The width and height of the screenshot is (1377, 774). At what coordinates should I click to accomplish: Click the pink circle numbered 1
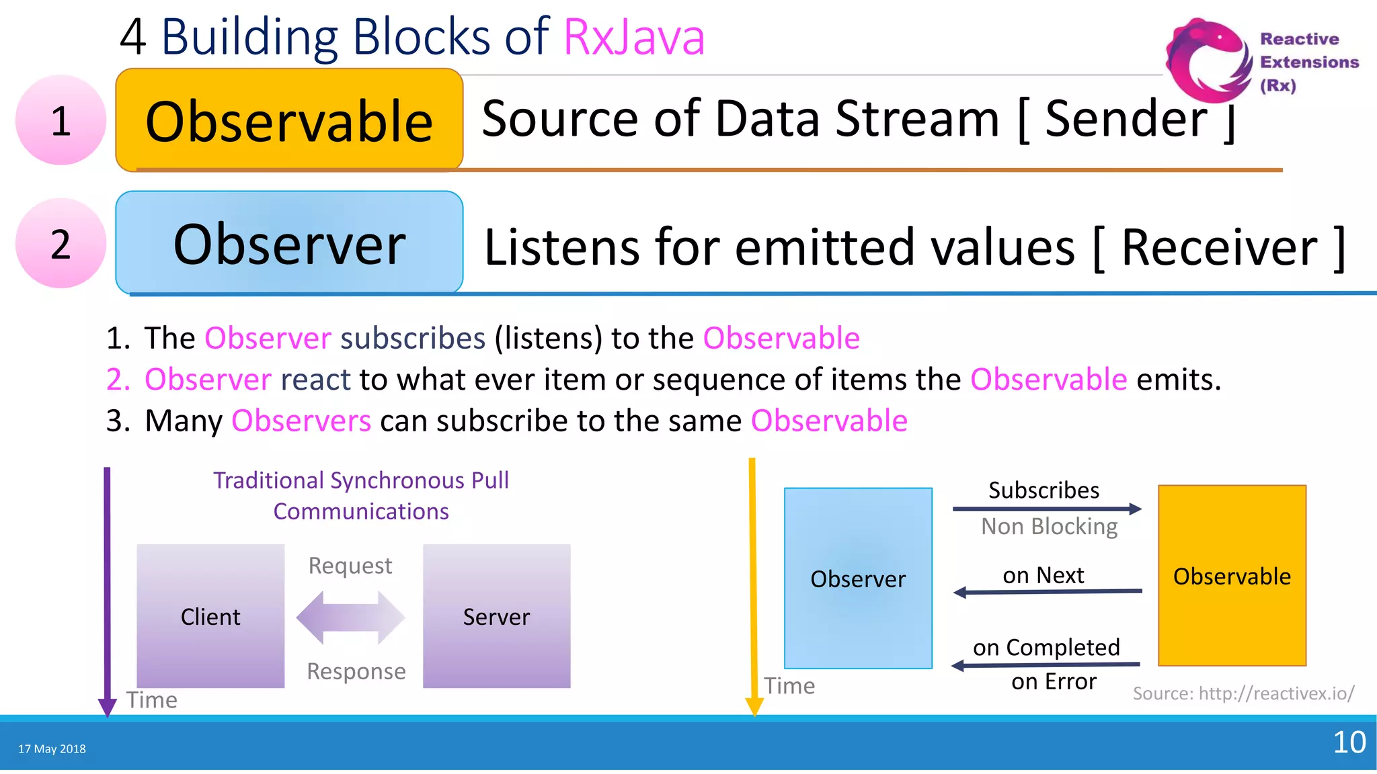(x=61, y=120)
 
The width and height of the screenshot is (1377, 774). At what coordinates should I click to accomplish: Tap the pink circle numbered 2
(x=61, y=243)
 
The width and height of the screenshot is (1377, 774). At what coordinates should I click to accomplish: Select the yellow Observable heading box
(x=289, y=120)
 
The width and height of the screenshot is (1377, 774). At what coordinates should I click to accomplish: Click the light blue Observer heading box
(x=289, y=243)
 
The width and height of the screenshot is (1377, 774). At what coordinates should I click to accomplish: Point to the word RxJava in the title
(x=633, y=36)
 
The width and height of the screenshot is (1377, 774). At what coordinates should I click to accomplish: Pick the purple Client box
(x=210, y=616)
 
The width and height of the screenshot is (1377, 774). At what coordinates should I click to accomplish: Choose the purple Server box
(x=496, y=616)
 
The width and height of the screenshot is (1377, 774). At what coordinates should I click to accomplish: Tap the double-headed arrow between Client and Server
(x=350, y=617)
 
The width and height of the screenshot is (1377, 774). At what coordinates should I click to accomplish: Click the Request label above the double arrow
(x=350, y=566)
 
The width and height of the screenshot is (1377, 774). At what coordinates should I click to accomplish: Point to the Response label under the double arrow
(x=356, y=671)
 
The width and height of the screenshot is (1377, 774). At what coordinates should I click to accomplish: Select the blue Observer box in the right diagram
(x=858, y=578)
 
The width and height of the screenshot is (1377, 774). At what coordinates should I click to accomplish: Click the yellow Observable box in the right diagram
(x=1232, y=576)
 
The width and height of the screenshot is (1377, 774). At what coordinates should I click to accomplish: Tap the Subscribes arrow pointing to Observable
(x=1047, y=509)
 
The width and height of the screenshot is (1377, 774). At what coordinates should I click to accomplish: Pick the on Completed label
(x=1046, y=647)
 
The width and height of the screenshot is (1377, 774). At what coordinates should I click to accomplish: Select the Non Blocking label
(x=1049, y=526)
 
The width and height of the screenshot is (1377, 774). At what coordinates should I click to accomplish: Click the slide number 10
(x=1349, y=742)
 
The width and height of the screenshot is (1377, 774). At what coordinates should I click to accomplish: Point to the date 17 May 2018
(x=52, y=748)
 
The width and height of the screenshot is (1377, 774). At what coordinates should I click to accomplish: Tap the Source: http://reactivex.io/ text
(x=1243, y=693)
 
